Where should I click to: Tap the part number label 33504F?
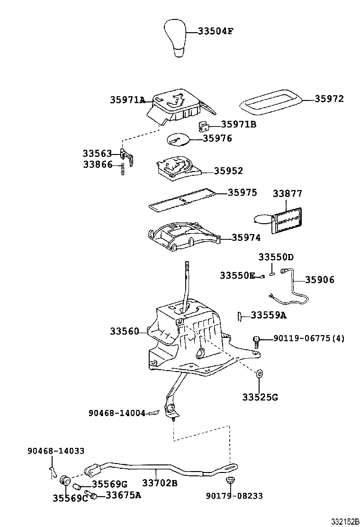216,32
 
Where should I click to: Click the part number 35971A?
127,100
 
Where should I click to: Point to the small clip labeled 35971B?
203,126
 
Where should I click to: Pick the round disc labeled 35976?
178,139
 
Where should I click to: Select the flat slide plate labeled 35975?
182,200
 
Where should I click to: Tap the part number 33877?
287,194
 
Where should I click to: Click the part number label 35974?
246,238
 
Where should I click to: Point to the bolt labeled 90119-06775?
257,339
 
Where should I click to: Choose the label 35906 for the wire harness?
319,280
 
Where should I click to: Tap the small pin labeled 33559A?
240,316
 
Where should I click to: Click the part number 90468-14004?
117,413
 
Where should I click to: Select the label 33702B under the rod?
160,483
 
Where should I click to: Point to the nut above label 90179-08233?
231,481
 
